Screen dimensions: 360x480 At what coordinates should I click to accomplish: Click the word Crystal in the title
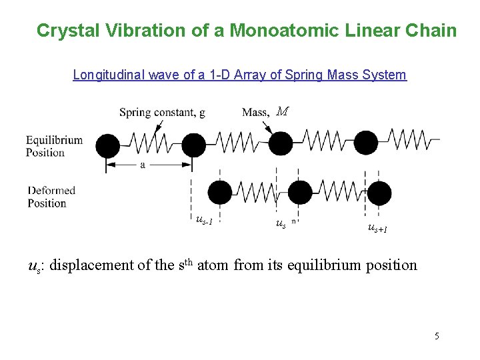point(63,31)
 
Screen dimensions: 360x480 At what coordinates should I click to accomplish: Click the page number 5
point(437,336)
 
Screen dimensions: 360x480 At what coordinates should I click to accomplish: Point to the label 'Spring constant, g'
point(162,113)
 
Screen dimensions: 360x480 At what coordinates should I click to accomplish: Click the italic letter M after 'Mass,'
point(282,112)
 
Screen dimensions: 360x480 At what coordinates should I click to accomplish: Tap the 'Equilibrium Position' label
point(55,146)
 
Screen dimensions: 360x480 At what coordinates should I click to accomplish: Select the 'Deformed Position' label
point(51,197)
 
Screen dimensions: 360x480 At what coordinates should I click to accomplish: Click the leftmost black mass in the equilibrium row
point(107,144)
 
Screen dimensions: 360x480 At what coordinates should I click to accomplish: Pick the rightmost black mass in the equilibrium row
point(365,143)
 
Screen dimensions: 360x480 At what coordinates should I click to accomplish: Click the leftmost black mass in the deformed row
point(219,193)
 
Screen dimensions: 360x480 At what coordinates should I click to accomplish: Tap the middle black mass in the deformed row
point(300,193)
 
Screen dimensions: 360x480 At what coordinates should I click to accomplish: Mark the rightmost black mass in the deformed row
point(379,193)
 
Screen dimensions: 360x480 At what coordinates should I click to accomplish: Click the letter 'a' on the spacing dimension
point(143,165)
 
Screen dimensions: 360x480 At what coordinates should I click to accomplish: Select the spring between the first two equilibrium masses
point(150,143)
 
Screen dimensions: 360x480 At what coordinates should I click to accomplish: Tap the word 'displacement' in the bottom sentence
point(91,265)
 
